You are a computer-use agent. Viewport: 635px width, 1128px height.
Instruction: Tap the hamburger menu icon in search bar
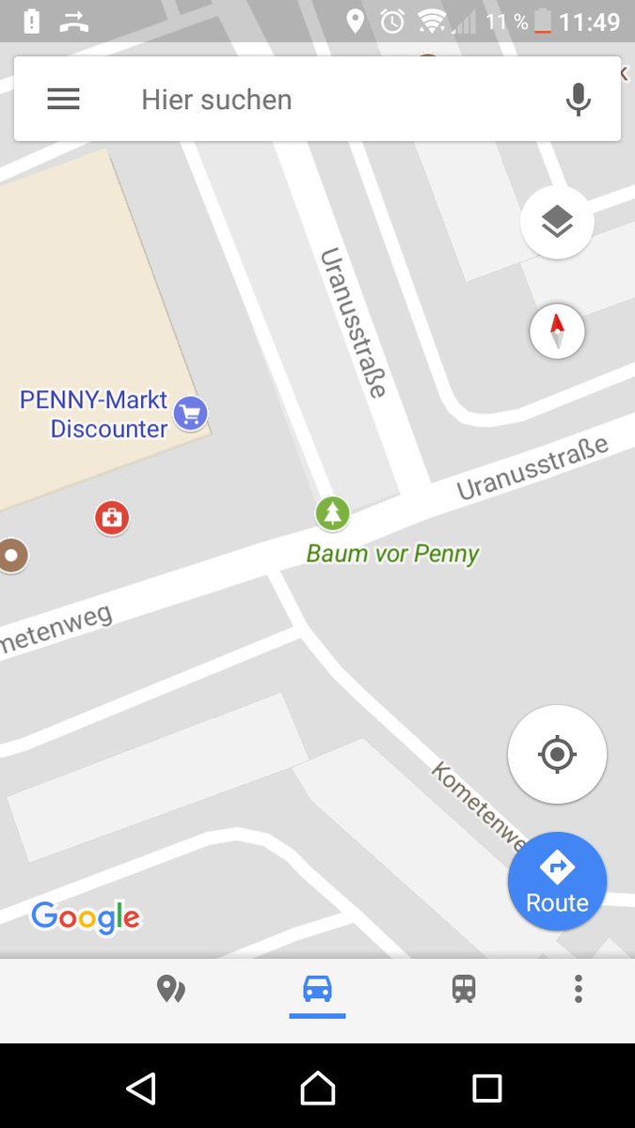(x=63, y=100)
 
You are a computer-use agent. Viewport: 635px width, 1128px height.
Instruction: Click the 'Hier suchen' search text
(x=216, y=100)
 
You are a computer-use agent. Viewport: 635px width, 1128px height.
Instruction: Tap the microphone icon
(x=579, y=100)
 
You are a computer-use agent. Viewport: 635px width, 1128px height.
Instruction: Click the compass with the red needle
(x=557, y=332)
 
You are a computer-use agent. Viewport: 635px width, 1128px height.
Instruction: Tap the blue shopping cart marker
(x=191, y=413)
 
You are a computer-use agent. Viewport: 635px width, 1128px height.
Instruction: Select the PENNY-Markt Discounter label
(x=94, y=415)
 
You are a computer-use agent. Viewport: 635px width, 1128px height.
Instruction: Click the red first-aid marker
(x=112, y=517)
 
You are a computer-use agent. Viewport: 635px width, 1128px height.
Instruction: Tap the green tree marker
(x=332, y=513)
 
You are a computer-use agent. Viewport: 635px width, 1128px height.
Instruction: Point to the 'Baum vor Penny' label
(x=392, y=553)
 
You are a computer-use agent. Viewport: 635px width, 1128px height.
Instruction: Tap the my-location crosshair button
(x=557, y=754)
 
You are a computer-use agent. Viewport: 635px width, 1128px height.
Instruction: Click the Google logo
(x=86, y=916)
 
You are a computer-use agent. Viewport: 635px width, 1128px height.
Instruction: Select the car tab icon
(x=317, y=989)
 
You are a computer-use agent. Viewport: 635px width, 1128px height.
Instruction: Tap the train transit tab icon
(x=463, y=989)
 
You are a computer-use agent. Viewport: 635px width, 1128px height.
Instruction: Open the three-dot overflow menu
(x=578, y=989)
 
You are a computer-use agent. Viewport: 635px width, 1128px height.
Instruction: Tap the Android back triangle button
(x=141, y=1089)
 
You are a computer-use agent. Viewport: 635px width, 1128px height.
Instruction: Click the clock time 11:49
(x=590, y=21)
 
